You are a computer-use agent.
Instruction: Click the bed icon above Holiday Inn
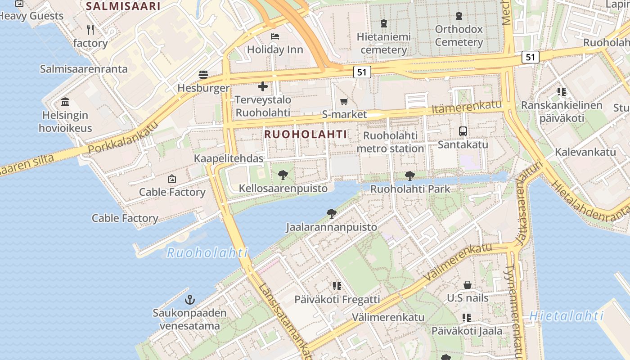click(x=275, y=36)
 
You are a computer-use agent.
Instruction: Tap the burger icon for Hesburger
click(x=203, y=74)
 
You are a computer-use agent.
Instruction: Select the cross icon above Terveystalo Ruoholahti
click(x=263, y=86)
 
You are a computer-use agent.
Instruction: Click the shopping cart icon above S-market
click(x=344, y=101)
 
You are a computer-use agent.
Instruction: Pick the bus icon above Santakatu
click(x=463, y=131)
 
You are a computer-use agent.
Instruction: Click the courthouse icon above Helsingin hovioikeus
click(x=65, y=102)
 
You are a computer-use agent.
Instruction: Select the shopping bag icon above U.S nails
click(x=468, y=285)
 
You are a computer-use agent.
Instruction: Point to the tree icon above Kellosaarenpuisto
click(x=283, y=175)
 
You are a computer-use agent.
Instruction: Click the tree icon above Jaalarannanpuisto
click(x=332, y=213)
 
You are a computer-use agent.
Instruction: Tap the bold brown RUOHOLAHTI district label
click(x=306, y=134)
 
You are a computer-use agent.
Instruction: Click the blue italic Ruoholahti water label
click(x=207, y=253)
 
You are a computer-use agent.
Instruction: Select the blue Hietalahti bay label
click(x=566, y=316)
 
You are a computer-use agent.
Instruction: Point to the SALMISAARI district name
click(x=123, y=6)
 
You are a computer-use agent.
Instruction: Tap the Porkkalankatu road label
click(x=123, y=138)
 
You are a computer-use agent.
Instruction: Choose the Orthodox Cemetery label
click(x=459, y=36)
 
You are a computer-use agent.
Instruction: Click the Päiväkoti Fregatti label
click(x=337, y=299)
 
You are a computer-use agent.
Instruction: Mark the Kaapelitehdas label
click(x=229, y=158)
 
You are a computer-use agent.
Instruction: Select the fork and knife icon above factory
click(x=90, y=30)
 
